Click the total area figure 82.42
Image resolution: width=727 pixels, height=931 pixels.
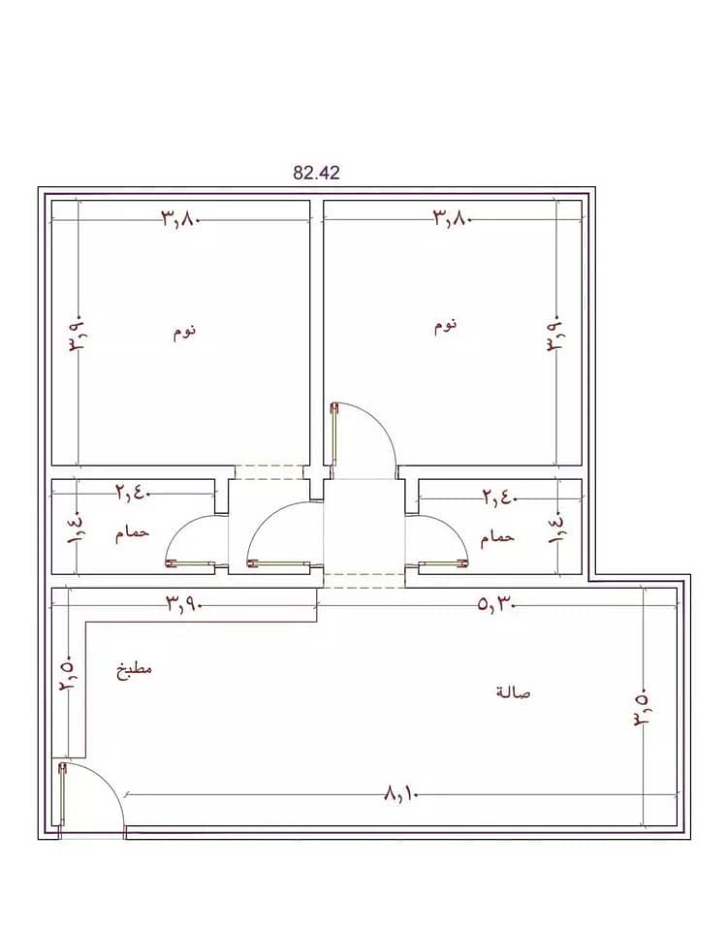(x=316, y=173)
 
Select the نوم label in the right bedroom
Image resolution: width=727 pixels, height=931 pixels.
(x=445, y=325)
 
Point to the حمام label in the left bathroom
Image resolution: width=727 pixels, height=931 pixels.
(x=132, y=532)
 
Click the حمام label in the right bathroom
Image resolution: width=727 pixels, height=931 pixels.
(x=496, y=538)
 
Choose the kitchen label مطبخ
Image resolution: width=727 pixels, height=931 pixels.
(x=134, y=669)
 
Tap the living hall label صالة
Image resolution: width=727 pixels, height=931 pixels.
(x=514, y=692)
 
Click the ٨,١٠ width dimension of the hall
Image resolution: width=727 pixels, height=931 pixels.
(x=401, y=793)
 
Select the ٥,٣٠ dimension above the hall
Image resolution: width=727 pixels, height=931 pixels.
(x=495, y=605)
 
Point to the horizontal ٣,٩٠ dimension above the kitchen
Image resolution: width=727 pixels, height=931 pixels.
(x=184, y=605)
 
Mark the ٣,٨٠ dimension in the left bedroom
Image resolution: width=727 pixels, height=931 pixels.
(x=180, y=218)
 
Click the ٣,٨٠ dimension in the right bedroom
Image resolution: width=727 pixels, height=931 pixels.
(x=453, y=218)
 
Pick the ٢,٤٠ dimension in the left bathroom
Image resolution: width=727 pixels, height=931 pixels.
(x=133, y=493)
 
